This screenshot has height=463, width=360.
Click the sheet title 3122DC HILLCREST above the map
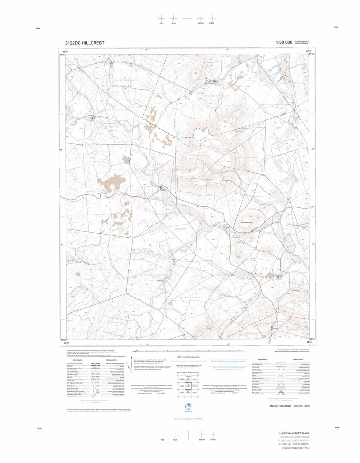(84, 43)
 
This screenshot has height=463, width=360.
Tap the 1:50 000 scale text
(284, 43)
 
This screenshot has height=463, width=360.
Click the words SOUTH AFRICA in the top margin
(301, 41)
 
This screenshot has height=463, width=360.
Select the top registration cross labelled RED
(162, 18)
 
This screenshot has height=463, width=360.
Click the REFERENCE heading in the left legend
(77, 360)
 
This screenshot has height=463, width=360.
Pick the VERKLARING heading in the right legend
(298, 359)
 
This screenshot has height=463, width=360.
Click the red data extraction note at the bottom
(188, 419)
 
